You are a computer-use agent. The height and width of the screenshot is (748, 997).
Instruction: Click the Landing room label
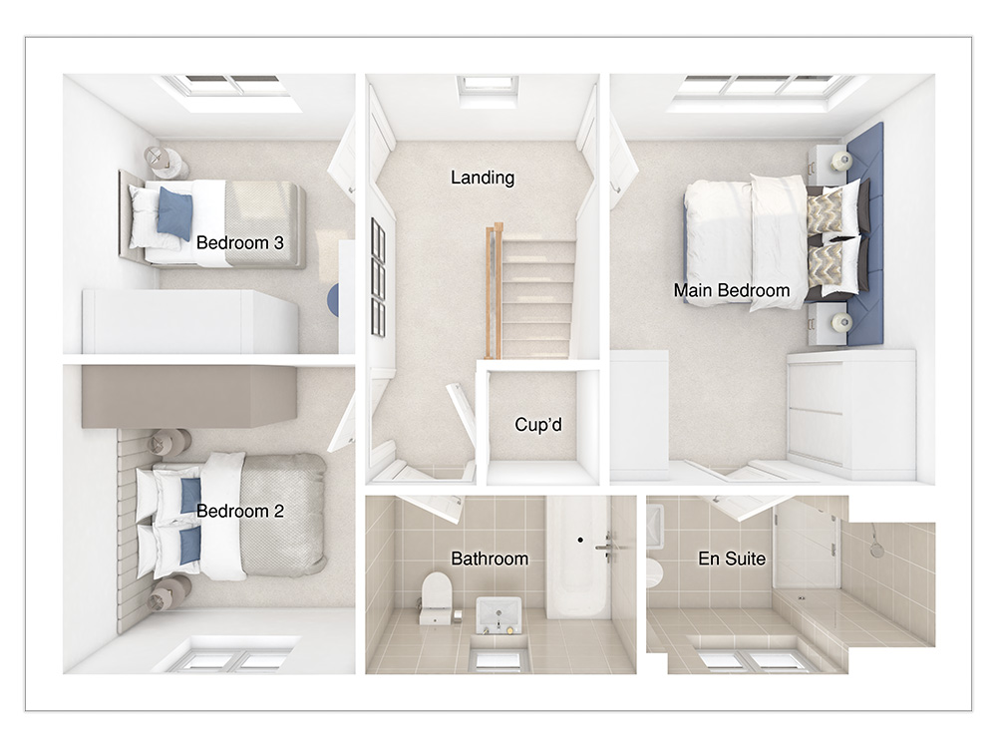click(x=483, y=178)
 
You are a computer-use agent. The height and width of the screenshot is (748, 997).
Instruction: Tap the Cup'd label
click(x=538, y=424)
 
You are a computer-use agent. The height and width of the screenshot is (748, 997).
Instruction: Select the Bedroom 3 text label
click(x=239, y=242)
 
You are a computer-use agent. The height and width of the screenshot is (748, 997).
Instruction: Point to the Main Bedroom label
click(x=731, y=290)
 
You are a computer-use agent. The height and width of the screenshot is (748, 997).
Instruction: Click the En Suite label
click(x=731, y=559)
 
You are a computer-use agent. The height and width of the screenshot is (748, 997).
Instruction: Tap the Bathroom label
click(x=490, y=559)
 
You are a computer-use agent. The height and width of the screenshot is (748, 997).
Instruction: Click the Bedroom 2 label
click(x=239, y=511)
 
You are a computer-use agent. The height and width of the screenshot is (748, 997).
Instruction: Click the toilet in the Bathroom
click(x=436, y=597)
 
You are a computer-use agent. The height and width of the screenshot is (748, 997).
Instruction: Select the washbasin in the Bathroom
click(x=499, y=615)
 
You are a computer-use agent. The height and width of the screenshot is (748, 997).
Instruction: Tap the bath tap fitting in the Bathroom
click(x=607, y=547)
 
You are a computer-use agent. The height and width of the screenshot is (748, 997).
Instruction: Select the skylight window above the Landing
click(x=488, y=87)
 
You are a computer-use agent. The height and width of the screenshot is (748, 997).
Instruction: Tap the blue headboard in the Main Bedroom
click(x=865, y=234)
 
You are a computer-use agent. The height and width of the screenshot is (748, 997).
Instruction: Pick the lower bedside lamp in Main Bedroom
click(x=840, y=322)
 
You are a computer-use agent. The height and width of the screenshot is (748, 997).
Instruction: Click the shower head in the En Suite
click(x=876, y=543)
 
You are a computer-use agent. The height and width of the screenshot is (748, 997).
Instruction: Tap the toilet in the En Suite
click(x=654, y=572)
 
